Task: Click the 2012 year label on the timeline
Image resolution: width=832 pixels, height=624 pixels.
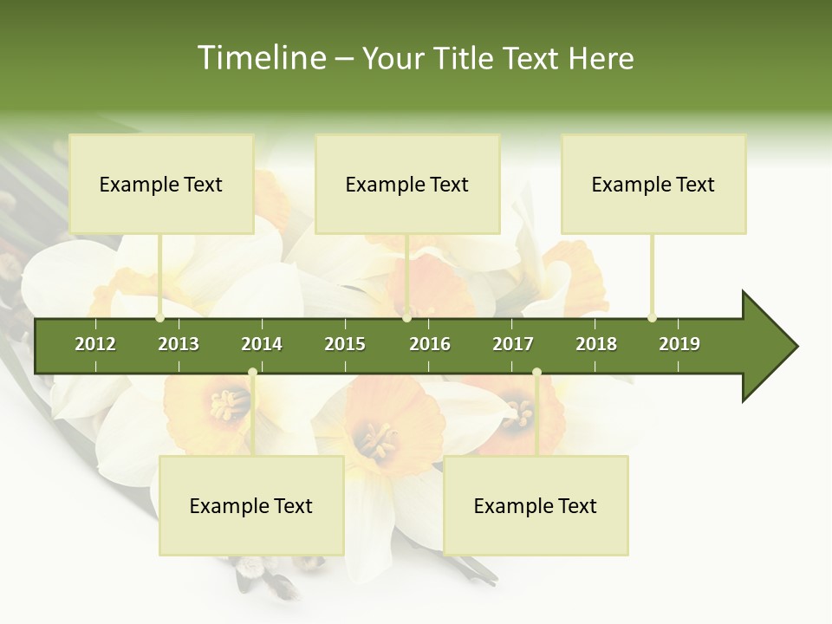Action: (x=95, y=344)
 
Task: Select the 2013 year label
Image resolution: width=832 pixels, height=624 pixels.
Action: (x=179, y=344)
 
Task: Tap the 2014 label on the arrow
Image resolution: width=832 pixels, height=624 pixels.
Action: (x=262, y=344)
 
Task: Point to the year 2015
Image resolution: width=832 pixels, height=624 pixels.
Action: (x=345, y=344)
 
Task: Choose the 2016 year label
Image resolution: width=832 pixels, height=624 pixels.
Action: (x=430, y=344)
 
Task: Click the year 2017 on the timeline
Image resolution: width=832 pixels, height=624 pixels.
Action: (x=513, y=344)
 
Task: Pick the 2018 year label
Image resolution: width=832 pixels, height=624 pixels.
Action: (x=596, y=344)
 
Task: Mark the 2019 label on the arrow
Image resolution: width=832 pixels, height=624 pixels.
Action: (x=679, y=344)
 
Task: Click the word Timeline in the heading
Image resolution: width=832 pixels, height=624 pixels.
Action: (x=260, y=58)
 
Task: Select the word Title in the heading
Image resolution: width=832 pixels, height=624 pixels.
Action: (x=465, y=58)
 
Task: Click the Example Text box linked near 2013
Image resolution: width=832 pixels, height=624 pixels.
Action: (x=161, y=184)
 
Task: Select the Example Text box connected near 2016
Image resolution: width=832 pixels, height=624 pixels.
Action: (x=407, y=184)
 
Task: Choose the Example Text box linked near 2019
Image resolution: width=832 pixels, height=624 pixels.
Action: (x=653, y=184)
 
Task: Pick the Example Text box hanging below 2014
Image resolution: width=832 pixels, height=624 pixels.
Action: (x=251, y=505)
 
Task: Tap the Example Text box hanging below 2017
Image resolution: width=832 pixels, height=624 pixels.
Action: (x=536, y=505)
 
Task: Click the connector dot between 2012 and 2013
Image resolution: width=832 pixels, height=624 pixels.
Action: (x=160, y=317)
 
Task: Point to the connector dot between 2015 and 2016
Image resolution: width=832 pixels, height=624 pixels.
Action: (x=407, y=317)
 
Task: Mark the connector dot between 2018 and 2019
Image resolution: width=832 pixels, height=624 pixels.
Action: (x=652, y=317)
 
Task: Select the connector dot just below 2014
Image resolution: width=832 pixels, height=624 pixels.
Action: (x=252, y=373)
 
